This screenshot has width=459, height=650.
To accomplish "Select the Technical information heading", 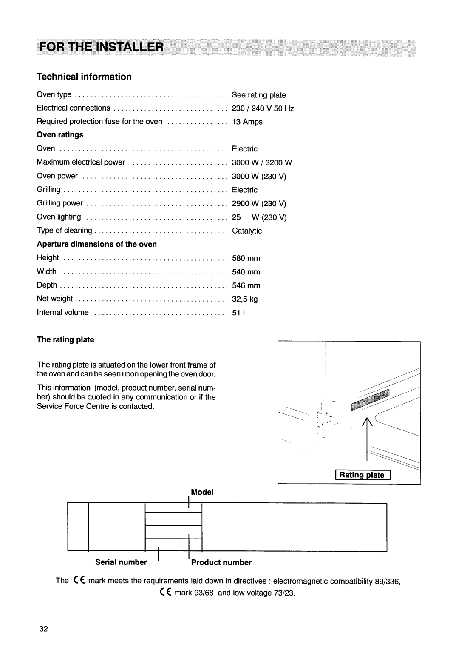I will point(84,77).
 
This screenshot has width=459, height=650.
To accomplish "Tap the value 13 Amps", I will point(247,122).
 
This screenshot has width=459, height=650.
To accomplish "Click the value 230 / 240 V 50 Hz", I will point(263,108).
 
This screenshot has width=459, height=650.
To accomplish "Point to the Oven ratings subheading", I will point(60,135).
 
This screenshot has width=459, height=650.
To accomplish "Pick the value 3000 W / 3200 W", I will point(262,162).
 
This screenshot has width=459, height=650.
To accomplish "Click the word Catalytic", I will point(246,231).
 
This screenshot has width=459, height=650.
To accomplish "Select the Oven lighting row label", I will point(59,217).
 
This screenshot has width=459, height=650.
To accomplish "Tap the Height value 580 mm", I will point(246,258).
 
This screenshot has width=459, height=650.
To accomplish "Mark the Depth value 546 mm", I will point(246,285).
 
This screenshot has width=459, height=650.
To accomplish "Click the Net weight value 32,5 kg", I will point(244,299).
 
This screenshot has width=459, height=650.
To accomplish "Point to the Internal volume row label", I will point(63,313).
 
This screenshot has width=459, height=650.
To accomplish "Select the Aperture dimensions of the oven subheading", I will point(97,244).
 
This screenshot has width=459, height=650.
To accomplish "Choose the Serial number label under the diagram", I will point(121,562).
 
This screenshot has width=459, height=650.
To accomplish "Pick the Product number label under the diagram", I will point(221,562).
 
